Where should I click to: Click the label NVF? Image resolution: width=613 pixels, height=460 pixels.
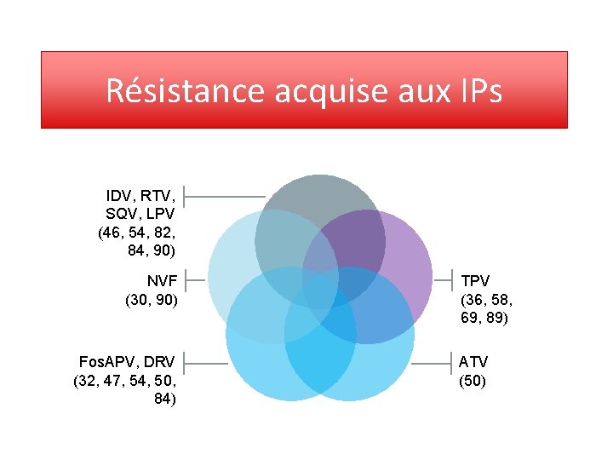click(x=162, y=279)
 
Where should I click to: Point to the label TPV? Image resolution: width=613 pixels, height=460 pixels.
click(x=476, y=279)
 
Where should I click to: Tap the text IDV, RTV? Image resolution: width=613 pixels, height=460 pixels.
click(x=140, y=195)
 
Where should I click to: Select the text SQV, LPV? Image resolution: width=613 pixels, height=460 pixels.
click(x=140, y=214)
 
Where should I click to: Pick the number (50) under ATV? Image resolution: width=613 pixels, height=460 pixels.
click(x=473, y=381)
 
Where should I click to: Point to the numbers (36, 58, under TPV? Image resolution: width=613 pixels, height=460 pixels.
click(x=486, y=299)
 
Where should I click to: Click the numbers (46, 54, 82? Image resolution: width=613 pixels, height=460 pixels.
click(x=138, y=233)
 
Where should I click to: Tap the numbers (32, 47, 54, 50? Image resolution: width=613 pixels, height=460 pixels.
click(x=125, y=381)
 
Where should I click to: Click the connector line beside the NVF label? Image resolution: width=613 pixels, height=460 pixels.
click(x=196, y=279)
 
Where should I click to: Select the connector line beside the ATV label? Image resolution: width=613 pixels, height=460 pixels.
click(x=433, y=363)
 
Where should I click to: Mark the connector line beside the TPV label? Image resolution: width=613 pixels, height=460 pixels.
click(x=444, y=279)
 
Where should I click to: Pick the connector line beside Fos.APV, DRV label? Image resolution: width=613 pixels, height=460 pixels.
click(x=206, y=363)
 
